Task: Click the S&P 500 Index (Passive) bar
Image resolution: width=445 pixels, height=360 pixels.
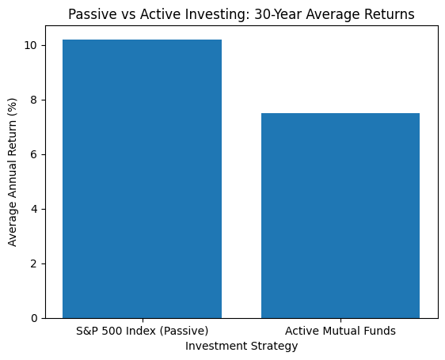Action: pos(142,179)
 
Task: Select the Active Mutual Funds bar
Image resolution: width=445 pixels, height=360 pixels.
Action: pos(340,215)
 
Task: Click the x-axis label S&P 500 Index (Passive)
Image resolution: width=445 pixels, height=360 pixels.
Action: pos(142,331)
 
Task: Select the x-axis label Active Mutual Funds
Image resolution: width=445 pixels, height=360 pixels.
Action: pos(340,331)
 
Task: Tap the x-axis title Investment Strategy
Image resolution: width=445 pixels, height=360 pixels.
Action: pos(242,346)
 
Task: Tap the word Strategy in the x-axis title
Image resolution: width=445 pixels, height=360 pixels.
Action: pos(274,346)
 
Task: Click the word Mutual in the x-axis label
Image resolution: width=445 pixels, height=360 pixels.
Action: pos(340,331)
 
